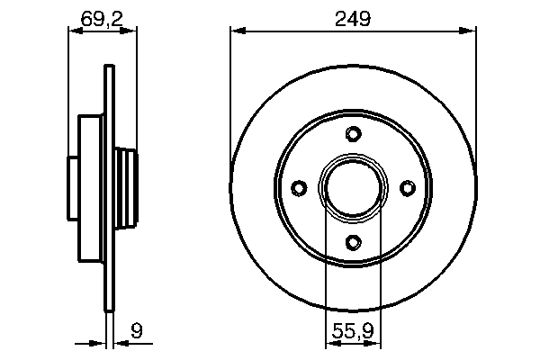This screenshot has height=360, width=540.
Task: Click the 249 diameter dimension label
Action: pyautogui.click(x=353, y=17)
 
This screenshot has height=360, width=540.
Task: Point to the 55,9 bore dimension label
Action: pyautogui.click(x=353, y=331)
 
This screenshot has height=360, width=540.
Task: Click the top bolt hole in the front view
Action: pyautogui.click(x=353, y=135)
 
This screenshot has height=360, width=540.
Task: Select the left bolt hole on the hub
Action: pyautogui.click(x=299, y=187)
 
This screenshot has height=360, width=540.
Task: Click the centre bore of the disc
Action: pyautogui.click(x=353, y=187)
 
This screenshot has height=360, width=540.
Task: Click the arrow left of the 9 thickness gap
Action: pyautogui.click(x=97, y=343)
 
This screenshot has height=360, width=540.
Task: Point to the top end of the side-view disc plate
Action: pyautogui.click(x=109, y=67)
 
